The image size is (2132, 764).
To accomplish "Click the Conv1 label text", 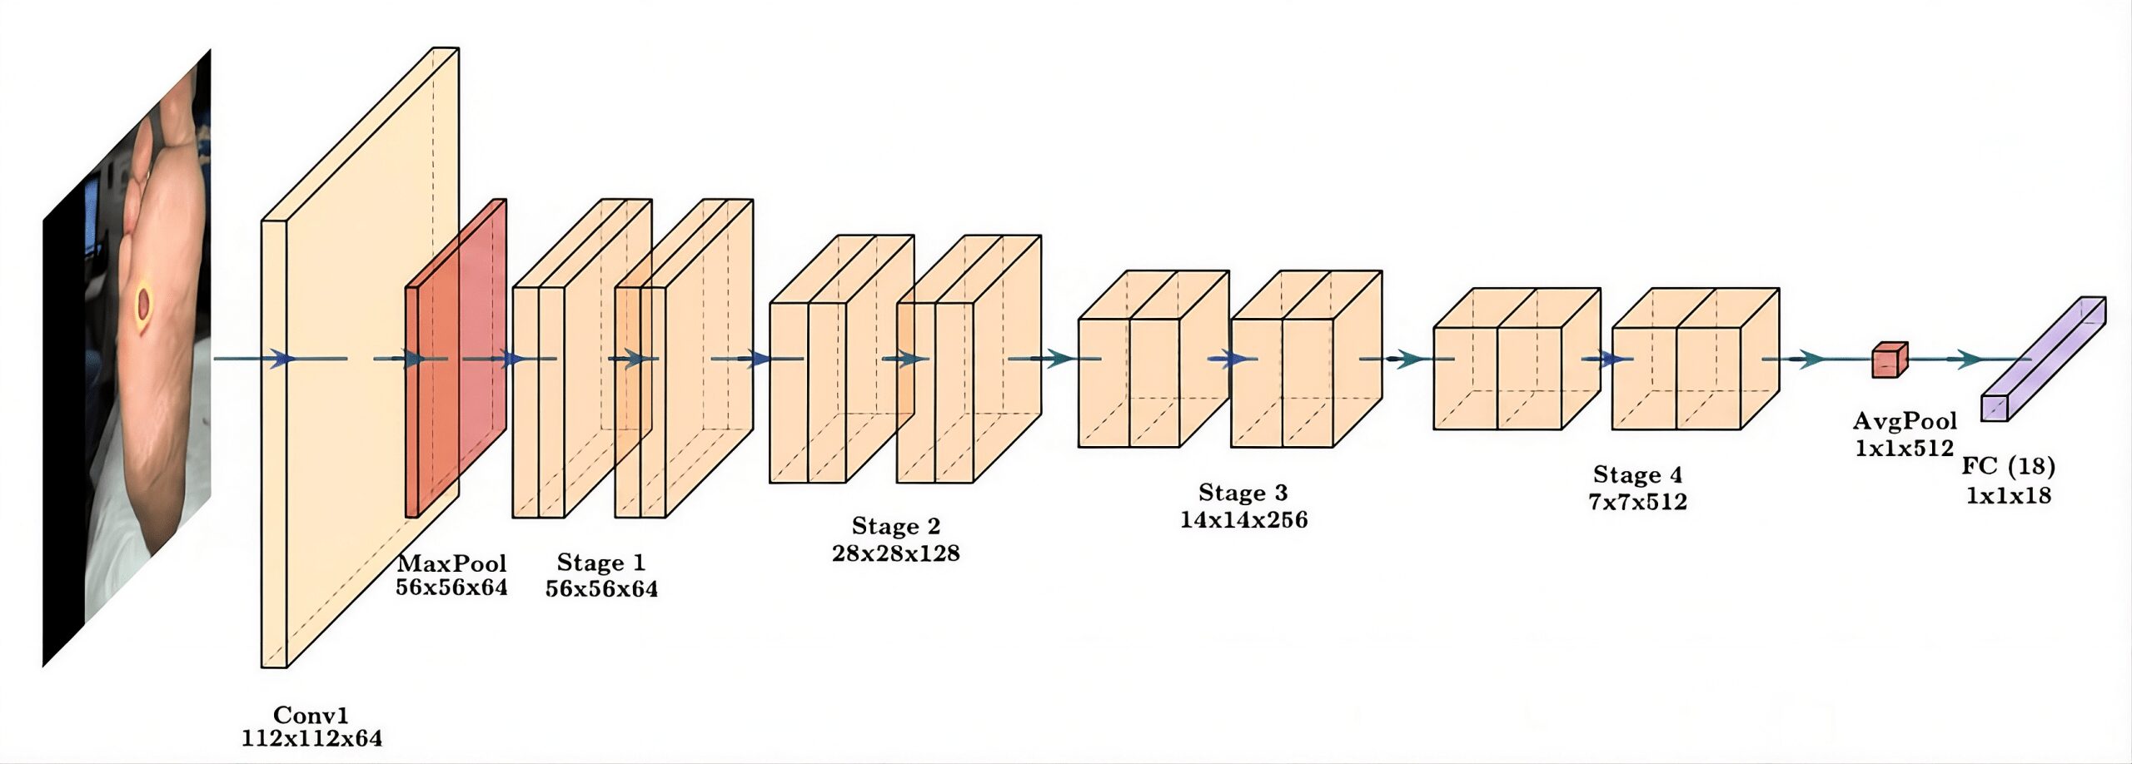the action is point(311,716).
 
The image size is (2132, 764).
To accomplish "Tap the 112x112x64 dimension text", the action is point(312,738).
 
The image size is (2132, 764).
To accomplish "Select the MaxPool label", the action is point(451,563).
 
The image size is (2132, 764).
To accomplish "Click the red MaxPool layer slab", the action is point(456,358).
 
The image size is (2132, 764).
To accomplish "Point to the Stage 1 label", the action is point(601,563).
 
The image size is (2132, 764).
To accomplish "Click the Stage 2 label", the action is point(896,526).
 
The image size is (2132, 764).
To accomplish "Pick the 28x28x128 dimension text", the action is point(896,553).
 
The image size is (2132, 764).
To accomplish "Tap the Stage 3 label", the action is point(1243,493).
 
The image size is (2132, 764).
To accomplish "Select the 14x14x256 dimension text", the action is point(1244,520).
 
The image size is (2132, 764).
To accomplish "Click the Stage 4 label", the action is point(1638,474).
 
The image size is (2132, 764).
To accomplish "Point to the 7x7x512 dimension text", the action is point(1638,502).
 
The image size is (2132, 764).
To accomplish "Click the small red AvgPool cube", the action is point(1890,360).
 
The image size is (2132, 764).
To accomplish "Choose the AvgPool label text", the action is point(1905,421).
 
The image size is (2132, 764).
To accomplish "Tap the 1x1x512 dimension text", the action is point(1905,449).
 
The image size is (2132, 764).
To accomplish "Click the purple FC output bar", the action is point(2043,360).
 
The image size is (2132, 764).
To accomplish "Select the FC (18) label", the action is point(2008,466).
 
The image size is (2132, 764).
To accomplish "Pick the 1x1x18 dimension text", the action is point(2009,495).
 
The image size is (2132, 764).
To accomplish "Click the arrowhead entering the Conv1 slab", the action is point(283,359).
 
